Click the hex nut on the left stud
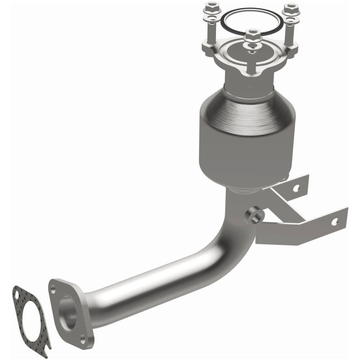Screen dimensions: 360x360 [211, 8]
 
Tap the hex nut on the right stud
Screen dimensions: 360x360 [290, 8]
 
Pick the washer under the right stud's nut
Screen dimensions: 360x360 [290, 19]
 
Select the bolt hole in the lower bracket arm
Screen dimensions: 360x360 [334, 221]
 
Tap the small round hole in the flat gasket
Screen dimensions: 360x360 [17, 295]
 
